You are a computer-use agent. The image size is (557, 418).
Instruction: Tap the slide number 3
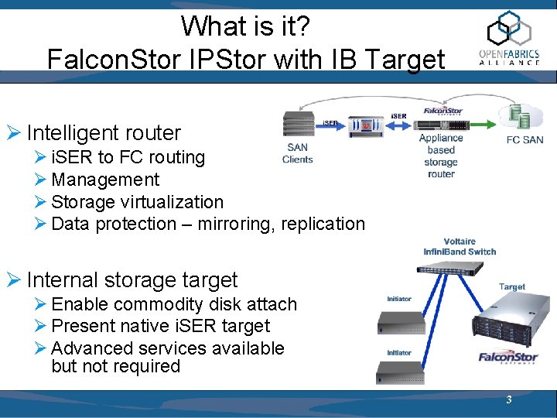508,400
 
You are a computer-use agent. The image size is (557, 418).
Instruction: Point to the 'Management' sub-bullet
105,180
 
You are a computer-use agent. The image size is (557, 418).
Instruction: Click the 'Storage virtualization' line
137,202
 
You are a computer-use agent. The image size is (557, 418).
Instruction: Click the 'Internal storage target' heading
132,279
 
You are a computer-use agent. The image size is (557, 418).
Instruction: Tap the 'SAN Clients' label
298,153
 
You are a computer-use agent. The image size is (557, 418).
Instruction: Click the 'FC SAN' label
525,140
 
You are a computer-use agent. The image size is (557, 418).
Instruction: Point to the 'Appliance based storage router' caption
441,156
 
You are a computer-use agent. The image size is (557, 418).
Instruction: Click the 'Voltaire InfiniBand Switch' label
460,246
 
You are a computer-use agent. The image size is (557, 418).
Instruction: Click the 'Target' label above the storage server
512,286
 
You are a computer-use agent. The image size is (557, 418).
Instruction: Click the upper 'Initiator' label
399,299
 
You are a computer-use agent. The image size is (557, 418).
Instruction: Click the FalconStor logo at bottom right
508,358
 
